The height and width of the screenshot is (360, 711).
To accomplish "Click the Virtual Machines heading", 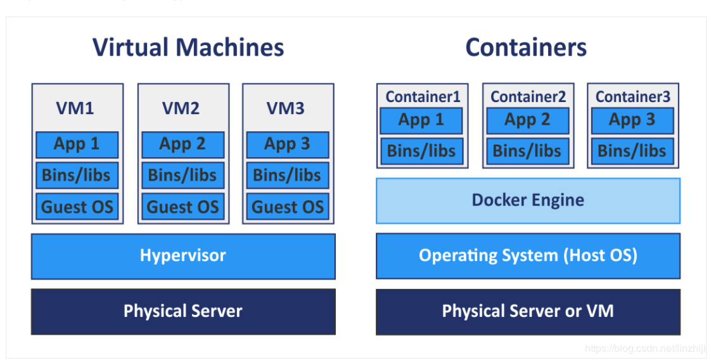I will click(188, 48).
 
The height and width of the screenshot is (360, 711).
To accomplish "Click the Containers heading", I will click(526, 48).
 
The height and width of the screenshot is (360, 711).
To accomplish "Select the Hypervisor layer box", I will click(183, 256).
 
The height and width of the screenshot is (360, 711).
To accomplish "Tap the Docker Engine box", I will click(528, 201).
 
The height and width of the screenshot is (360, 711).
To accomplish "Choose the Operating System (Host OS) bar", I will click(528, 256).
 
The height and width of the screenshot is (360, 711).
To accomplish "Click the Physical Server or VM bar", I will click(528, 311).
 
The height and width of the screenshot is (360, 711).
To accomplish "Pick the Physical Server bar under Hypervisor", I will click(183, 311).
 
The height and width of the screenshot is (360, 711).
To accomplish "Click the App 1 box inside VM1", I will click(77, 145).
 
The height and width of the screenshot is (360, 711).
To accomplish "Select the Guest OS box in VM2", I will click(183, 207).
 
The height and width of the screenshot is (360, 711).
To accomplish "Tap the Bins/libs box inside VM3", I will click(287, 176).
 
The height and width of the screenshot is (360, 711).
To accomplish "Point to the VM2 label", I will click(181, 108).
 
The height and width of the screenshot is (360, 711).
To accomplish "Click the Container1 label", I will click(423, 97).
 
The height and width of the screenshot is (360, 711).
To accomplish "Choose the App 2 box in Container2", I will click(527, 120).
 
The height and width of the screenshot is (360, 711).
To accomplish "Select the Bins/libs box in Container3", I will click(632, 151).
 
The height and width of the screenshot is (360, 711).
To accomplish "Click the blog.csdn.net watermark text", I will click(643, 349).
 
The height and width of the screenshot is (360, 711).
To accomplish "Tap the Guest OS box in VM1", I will click(77, 207).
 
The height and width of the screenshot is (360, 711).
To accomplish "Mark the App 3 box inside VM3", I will click(287, 145).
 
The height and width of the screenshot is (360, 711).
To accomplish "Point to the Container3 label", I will click(632, 97).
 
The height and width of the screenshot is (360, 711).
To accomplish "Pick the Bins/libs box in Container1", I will click(421, 151).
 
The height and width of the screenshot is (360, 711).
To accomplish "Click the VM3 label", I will click(285, 108).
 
